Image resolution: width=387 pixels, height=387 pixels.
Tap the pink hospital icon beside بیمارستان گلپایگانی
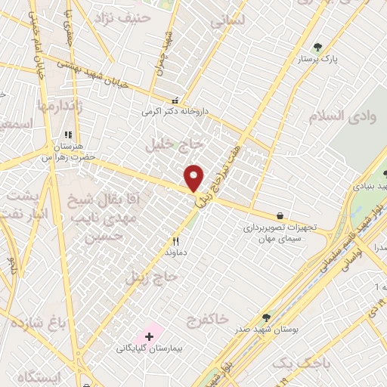149,334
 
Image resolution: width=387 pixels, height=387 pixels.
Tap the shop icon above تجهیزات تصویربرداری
280,215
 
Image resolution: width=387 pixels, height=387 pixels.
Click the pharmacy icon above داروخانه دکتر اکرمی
175,101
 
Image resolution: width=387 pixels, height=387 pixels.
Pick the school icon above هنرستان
67,135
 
